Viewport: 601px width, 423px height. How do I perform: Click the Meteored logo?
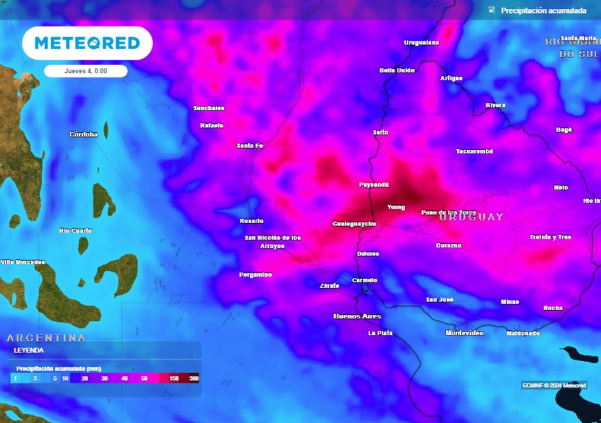point(87,43)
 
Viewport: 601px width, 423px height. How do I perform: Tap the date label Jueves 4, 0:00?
point(86,70)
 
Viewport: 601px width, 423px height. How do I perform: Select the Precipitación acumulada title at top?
point(543,11)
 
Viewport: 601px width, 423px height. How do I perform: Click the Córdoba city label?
point(83,134)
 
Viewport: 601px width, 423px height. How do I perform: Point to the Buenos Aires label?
point(357,316)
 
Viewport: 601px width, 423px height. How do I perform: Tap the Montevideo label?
point(464,333)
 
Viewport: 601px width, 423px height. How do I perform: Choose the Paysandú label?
point(374,184)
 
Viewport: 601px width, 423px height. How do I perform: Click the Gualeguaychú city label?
point(354,224)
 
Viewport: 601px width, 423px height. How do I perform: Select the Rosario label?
point(252,221)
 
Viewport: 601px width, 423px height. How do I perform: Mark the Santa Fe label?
point(249,145)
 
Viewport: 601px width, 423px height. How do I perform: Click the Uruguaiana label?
point(421,42)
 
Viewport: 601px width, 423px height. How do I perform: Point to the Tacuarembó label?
point(475,152)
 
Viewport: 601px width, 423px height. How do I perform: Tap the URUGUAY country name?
point(471,217)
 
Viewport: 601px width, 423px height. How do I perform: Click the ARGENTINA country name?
point(46,338)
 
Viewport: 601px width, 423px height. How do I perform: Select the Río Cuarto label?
point(76,230)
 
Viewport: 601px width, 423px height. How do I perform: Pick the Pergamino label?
point(256,274)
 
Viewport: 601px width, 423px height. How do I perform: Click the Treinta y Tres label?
point(550,237)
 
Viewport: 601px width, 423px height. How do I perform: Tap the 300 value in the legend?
point(194,379)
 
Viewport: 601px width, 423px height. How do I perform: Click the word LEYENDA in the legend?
point(29,350)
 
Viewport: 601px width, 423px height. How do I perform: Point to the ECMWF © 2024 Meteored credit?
point(554,385)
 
